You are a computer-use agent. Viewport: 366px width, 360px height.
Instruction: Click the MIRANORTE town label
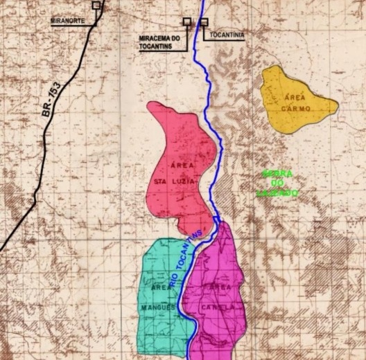point(68,21)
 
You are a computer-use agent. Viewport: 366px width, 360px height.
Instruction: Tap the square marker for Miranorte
point(96,6)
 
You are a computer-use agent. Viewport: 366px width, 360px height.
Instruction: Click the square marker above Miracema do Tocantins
point(187,22)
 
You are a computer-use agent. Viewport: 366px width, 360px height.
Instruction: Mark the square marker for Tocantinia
point(204,22)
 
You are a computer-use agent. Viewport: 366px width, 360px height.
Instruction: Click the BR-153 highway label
point(51,101)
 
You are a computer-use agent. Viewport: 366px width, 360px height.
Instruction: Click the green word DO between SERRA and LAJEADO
point(277,183)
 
